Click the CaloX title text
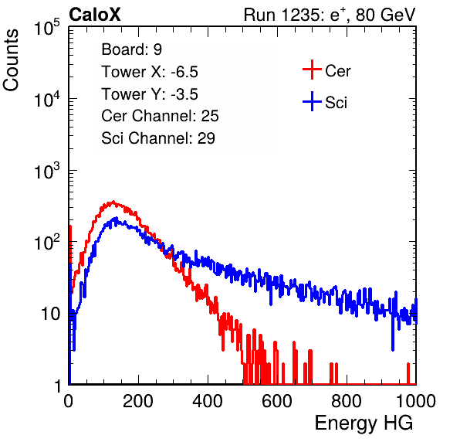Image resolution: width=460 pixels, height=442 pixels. click(95, 15)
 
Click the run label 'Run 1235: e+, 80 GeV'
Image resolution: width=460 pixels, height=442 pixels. click(330, 15)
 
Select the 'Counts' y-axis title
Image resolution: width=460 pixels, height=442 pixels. click(11, 60)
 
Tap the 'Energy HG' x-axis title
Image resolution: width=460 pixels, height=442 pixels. click(364, 423)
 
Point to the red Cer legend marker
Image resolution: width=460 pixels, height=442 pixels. click(312, 70)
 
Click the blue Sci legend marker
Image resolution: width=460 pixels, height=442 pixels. click(312, 101)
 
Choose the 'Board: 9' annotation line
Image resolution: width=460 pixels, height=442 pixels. click(131, 49)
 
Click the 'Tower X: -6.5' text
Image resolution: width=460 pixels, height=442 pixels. click(150, 72)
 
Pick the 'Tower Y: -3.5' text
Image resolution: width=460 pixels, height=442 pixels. click(150, 94)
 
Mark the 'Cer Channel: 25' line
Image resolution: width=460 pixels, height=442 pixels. click(160, 116)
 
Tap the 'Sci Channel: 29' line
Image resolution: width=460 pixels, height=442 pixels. click(158, 138)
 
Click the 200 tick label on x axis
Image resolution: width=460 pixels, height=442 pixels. click(138, 401)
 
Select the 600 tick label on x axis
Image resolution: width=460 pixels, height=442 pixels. click(277, 401)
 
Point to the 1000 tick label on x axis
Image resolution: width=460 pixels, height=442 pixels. click(416, 401)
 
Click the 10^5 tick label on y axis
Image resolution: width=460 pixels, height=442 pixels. click(47, 28)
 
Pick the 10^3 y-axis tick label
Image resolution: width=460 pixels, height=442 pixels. click(47, 171)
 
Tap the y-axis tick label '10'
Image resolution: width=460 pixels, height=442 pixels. click(51, 314)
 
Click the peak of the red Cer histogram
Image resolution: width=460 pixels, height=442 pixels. click(113, 202)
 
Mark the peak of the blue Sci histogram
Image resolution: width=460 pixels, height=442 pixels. click(117, 218)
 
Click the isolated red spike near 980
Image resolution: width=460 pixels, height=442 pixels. click(408, 373)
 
